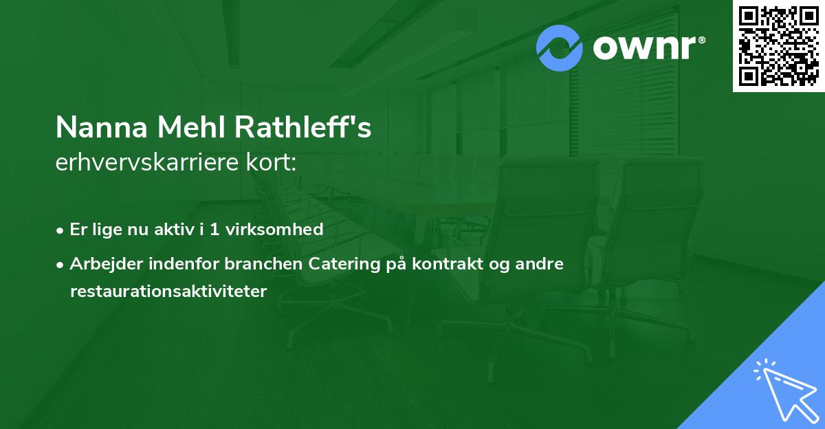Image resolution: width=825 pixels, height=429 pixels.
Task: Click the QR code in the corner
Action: pyautogui.click(x=779, y=45)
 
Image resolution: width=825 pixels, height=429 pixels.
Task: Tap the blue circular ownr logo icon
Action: pyautogui.click(x=560, y=47)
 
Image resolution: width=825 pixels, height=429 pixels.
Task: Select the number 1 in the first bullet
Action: pyautogui.click(x=214, y=230)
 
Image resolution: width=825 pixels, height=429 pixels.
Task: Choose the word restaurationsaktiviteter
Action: pyautogui.click(x=168, y=291)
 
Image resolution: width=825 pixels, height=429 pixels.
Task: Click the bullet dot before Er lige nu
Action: pyautogui.click(x=60, y=230)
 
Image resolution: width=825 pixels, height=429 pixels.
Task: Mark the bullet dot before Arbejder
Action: pyautogui.click(x=60, y=265)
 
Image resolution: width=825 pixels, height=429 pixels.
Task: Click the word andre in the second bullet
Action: pyautogui.click(x=544, y=264)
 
